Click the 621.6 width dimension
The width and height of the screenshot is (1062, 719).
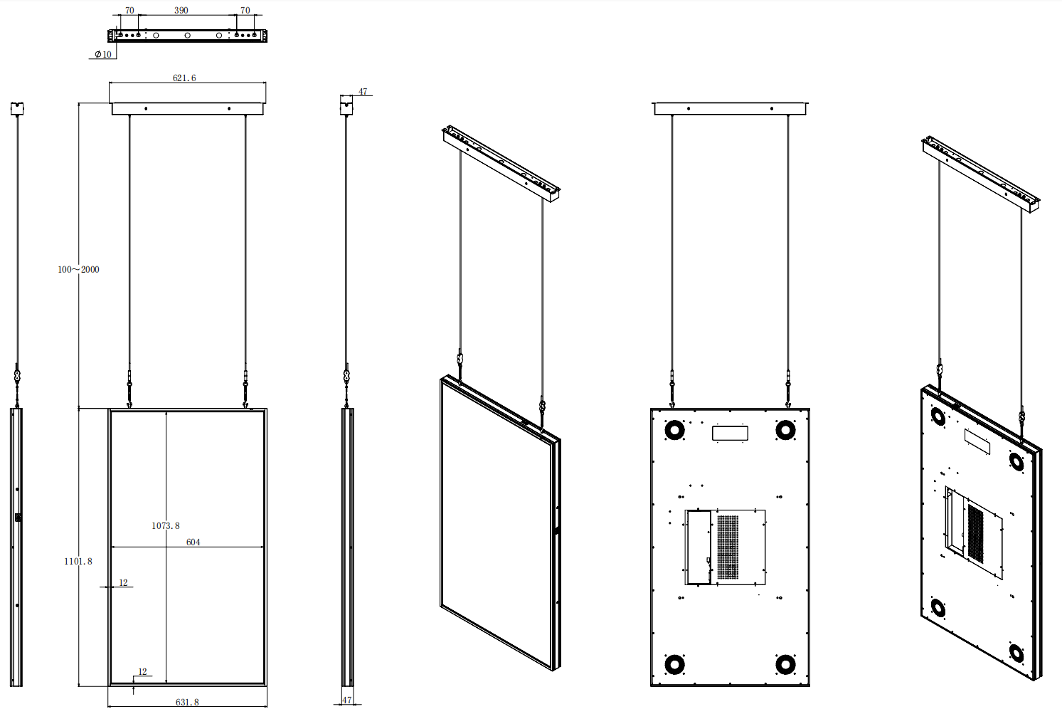[x=184, y=78]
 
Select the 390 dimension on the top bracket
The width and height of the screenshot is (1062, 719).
[x=181, y=11]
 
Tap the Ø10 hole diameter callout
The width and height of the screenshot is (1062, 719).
[x=103, y=54]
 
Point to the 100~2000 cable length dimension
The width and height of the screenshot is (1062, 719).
[x=78, y=269]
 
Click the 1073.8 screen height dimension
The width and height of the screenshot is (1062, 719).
[x=165, y=525]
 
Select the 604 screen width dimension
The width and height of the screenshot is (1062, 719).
[x=193, y=542]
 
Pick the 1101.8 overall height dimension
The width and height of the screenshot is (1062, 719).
[x=78, y=561]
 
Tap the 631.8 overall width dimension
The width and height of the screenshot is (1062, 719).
[x=187, y=702]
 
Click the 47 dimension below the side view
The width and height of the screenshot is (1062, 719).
[x=346, y=700]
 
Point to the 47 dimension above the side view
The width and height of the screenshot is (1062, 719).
[x=363, y=92]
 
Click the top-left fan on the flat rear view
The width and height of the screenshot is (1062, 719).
[x=674, y=430]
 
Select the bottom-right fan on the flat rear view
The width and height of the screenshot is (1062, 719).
[x=785, y=665]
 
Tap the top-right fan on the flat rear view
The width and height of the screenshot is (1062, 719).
[x=785, y=430]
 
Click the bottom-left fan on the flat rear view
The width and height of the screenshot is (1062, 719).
[x=674, y=665]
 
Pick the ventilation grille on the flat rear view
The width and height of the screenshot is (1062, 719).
[x=727, y=547]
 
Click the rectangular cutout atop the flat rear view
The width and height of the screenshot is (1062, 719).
[x=730, y=433]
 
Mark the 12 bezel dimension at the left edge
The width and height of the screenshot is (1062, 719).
[x=123, y=582]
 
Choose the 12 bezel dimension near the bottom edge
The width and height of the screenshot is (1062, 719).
[x=142, y=671]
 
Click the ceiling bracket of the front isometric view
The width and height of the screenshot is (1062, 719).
[x=501, y=162]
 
